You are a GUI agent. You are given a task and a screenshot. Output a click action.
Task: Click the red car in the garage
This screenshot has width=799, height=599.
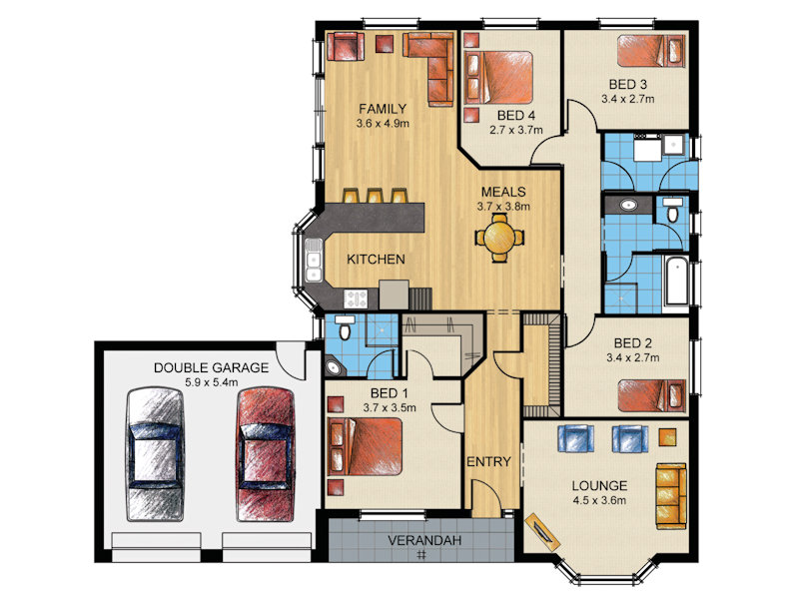pyautogui.click(x=266, y=454)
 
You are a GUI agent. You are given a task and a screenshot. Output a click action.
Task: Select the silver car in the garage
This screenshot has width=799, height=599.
pyautogui.click(x=155, y=454)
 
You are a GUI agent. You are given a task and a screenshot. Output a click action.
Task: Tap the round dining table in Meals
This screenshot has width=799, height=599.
pyautogui.click(x=499, y=238)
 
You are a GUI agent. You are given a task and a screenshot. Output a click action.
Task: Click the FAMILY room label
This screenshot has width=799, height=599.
pyautogui.click(x=383, y=109)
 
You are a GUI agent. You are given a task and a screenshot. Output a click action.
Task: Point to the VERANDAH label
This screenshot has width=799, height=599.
pyautogui.click(x=424, y=540)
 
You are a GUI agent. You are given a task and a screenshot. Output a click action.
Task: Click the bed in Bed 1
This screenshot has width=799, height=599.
pyautogui.click(x=365, y=446)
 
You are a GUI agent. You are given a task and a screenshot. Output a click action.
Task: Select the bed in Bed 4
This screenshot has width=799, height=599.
pyautogui.click(x=500, y=77)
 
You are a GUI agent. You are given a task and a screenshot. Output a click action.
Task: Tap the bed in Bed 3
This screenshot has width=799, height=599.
pyautogui.click(x=650, y=50)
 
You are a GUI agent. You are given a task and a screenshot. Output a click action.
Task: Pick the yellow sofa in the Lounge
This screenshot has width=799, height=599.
pyautogui.click(x=670, y=495)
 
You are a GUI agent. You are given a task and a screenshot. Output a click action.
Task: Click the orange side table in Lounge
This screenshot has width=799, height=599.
pyautogui.click(x=667, y=437)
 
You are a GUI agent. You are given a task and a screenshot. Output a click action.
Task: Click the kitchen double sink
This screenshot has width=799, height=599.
pyautogui.click(x=314, y=260)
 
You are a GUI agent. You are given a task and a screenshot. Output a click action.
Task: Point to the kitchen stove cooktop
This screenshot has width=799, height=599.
pyautogui.click(x=356, y=299)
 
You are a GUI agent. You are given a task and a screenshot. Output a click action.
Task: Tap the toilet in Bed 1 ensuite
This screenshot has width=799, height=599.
pyautogui.click(x=345, y=326)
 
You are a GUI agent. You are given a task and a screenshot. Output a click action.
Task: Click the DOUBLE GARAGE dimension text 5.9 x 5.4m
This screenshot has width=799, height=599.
pyautogui.click(x=212, y=382)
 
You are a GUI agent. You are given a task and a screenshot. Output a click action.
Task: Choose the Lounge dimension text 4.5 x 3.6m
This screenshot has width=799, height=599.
pyautogui.click(x=599, y=500)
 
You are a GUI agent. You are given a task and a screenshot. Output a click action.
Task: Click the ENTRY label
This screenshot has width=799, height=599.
pyautogui.click(x=488, y=461)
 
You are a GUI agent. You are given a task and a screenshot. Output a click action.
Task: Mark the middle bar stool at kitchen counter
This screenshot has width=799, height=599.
pyautogui.click(x=376, y=196)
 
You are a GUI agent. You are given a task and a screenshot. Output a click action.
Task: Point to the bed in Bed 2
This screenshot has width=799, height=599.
pyautogui.click(x=651, y=394)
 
